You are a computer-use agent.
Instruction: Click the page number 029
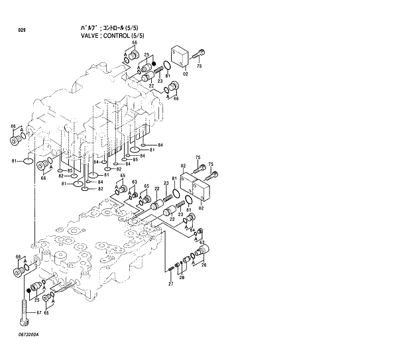tap(22, 30)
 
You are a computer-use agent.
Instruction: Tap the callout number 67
tap(38, 312)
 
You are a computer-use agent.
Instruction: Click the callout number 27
tap(170, 284)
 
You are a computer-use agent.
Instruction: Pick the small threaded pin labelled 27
tap(171, 267)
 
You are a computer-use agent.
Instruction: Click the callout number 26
tap(204, 266)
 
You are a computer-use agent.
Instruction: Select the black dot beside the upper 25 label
tap(154, 64)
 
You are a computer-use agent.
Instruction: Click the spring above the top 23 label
tap(159, 74)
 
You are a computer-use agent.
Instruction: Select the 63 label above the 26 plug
tap(202, 243)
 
